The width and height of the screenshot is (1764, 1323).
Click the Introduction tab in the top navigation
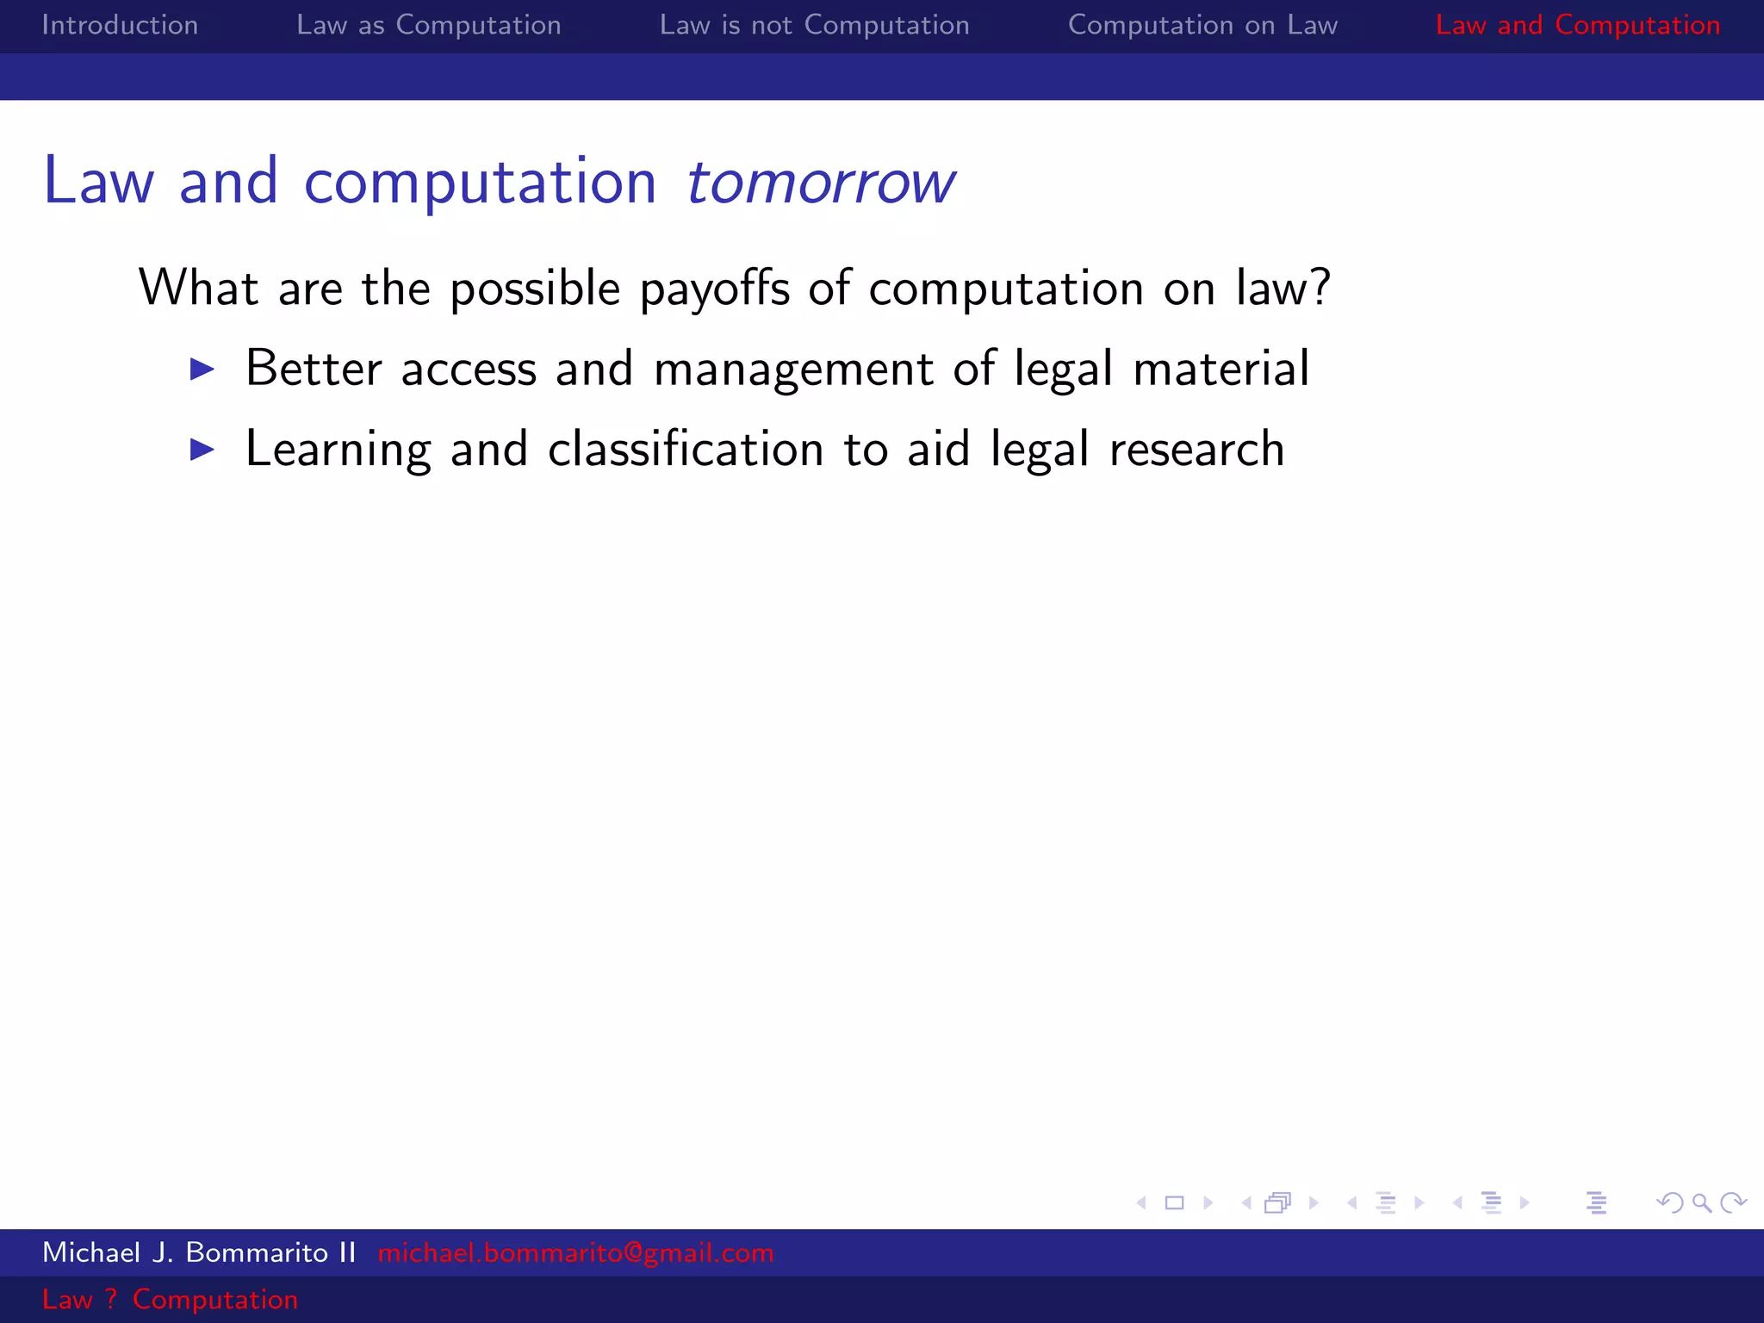[x=120, y=25]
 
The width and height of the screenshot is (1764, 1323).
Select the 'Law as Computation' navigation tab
[x=428, y=25]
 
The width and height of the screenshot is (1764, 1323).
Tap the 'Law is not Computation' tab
[x=814, y=25]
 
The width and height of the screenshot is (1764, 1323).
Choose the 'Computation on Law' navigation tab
[x=1202, y=25]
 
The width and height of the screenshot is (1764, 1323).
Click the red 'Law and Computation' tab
[x=1577, y=25]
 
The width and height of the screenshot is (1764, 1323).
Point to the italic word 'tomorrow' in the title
[x=819, y=183]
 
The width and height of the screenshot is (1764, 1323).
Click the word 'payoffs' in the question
[x=714, y=289]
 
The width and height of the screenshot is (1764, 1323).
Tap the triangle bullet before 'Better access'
[x=202, y=370]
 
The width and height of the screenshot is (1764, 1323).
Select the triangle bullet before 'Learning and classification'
[x=202, y=450]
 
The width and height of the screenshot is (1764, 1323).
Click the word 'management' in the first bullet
[x=793, y=370]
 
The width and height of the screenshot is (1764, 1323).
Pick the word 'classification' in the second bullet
[x=686, y=450]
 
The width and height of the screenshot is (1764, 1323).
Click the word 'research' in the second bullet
[x=1196, y=450]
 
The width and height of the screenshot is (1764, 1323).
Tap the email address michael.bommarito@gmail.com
[x=575, y=1252]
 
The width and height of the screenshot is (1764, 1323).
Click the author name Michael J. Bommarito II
[x=199, y=1252]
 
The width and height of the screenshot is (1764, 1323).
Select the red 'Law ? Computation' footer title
[x=170, y=1299]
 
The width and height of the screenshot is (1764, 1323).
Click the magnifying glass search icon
[x=1701, y=1202]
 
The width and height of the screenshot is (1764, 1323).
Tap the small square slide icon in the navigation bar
[x=1174, y=1202]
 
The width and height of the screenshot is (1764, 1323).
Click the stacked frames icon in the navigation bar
[x=1278, y=1202]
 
